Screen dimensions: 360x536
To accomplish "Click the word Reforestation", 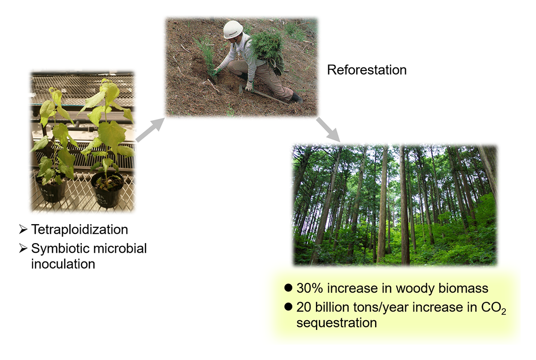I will point(367,70).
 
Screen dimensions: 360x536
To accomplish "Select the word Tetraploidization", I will point(79,229).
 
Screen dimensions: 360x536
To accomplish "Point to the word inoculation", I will point(63,264).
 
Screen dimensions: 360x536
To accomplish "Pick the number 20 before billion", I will point(304,307).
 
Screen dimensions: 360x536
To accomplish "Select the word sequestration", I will point(336,323).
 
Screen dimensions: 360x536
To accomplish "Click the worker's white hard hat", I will point(233,29).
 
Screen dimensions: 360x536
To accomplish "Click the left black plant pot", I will point(50,187).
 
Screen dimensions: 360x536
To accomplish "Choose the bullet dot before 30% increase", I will point(288,289).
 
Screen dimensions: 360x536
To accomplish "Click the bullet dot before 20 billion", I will point(288,307).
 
